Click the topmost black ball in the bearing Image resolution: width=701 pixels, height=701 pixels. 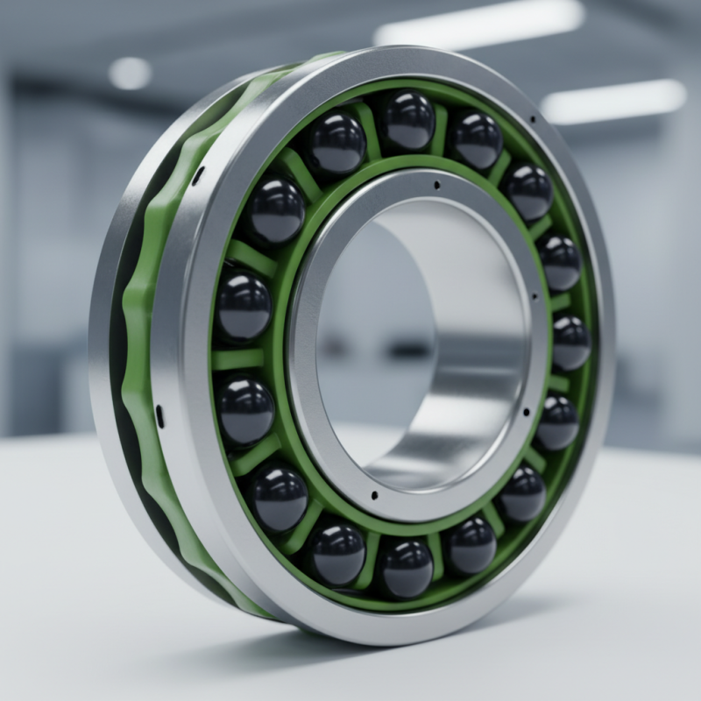click(407, 120)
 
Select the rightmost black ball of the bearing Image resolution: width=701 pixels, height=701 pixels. click(571, 343)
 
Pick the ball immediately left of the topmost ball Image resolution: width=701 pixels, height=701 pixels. click(336, 143)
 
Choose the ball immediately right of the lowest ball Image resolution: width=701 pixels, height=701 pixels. click(472, 544)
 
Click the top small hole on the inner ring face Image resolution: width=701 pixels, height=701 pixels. click(435, 185)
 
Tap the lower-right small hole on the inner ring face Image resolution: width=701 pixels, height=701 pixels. click(524, 408)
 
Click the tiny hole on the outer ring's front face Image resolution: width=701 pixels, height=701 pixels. click(532, 118)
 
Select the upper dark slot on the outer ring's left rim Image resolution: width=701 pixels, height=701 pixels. click(198, 175)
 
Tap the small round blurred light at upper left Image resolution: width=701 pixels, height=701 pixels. click(130, 73)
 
